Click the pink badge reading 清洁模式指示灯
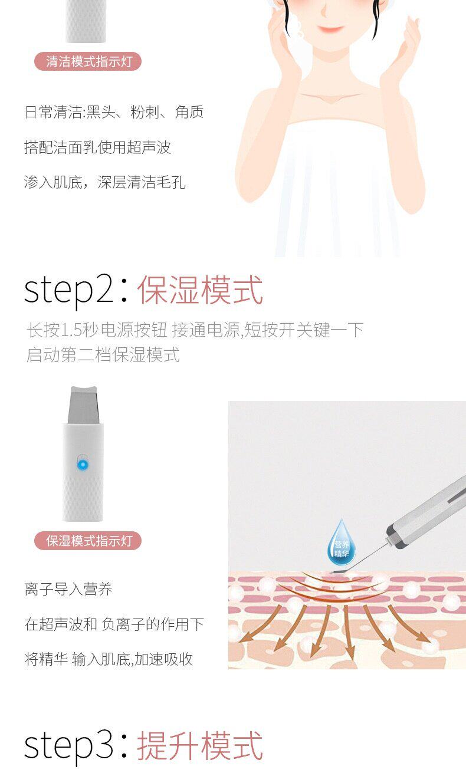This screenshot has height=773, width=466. pos(88,62)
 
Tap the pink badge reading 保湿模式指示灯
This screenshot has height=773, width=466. pos(88,541)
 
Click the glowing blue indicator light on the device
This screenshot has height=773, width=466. pos(83,465)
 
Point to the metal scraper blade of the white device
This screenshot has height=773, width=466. pos(83,405)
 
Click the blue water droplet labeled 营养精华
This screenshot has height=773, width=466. pos(341,542)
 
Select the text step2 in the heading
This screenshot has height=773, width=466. pos(68,290)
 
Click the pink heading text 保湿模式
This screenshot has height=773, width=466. pos(200,290)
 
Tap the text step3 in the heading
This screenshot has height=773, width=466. pos(68,745)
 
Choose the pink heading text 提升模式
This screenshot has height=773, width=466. pos(200,746)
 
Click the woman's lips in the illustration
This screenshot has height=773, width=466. pos(330,28)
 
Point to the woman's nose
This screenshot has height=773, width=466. pos(324,12)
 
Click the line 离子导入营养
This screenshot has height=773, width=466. pos(68,589)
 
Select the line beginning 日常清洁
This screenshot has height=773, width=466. pos(114,112)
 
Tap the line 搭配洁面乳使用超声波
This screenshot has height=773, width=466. pos(98,147)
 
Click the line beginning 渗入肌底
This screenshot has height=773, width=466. pos(105,182)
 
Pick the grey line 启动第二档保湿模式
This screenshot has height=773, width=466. pos(103,355)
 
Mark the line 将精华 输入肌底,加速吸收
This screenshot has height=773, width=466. pos(109,659)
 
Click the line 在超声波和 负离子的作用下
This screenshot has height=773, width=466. pos(114,624)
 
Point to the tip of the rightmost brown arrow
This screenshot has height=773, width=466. pos(429,643)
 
